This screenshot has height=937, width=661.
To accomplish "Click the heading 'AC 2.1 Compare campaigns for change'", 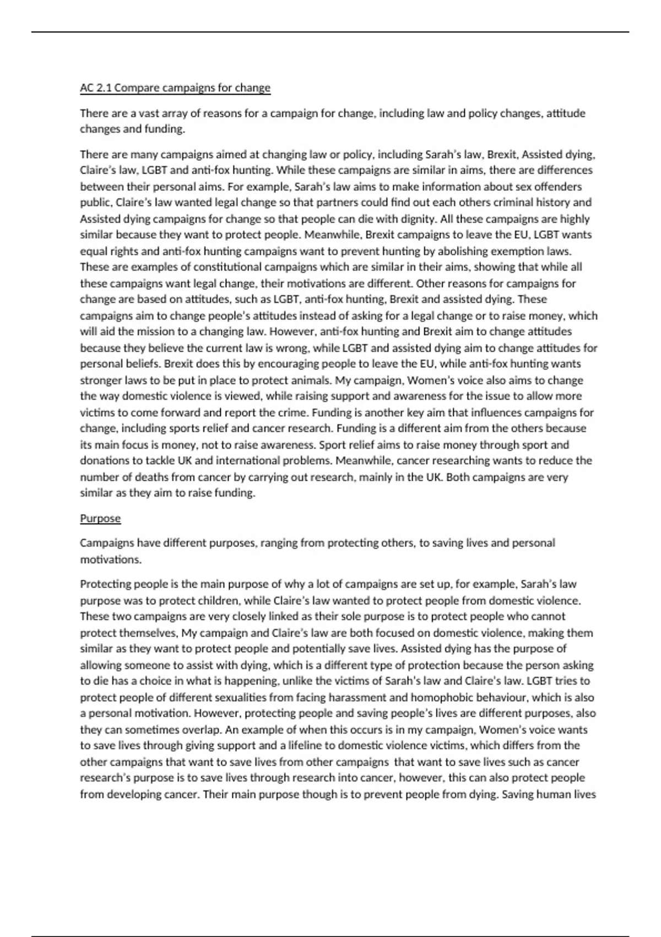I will pos(175,88).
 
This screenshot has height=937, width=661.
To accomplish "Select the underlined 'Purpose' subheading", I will pos(100,518).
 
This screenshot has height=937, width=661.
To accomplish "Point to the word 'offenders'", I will pos(559,186).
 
